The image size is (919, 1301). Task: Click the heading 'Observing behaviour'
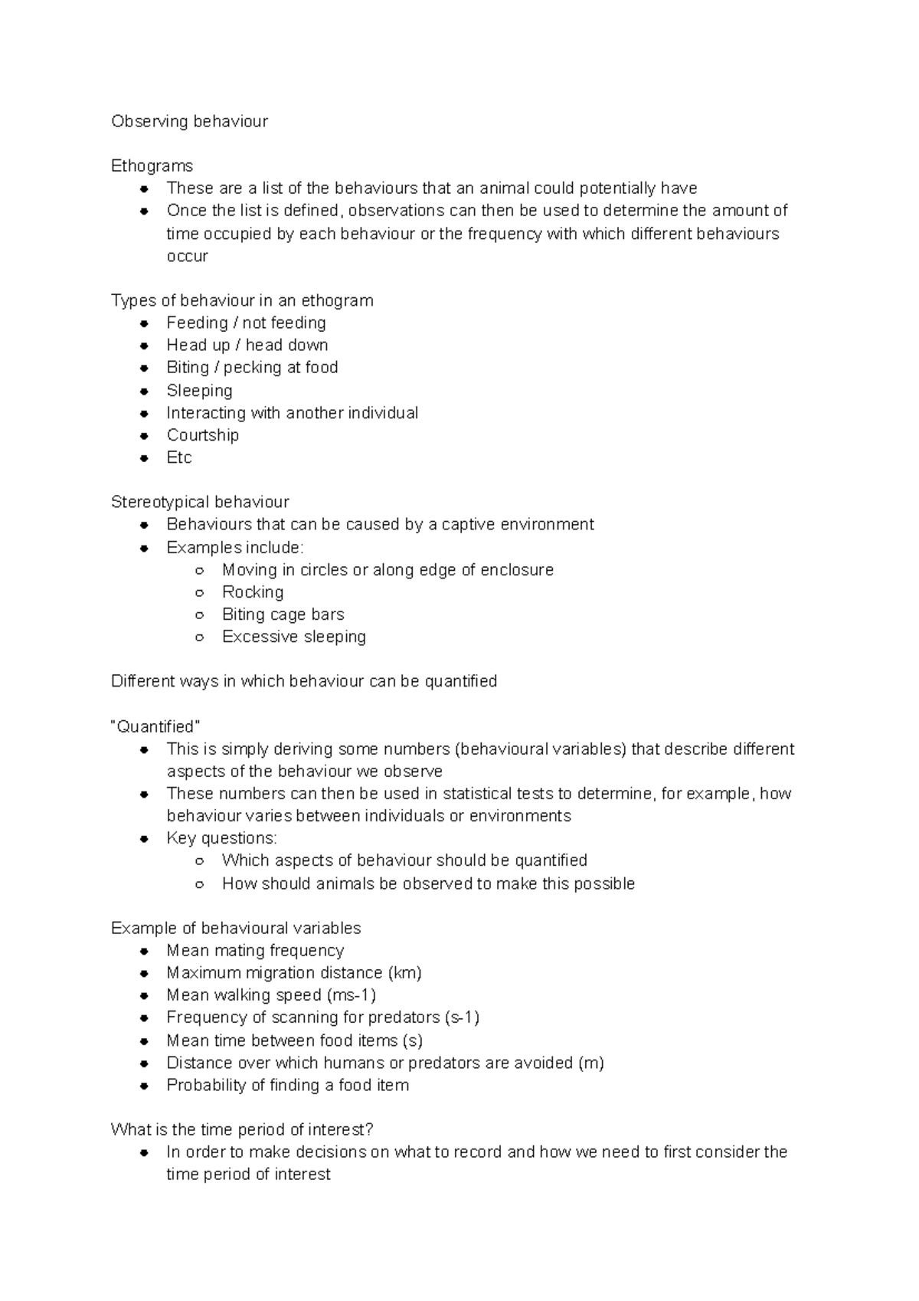point(189,121)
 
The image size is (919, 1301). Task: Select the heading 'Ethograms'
point(152,165)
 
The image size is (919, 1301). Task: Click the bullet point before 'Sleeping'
point(144,391)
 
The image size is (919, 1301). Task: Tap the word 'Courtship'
point(202,435)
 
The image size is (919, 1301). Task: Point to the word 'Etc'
point(178,457)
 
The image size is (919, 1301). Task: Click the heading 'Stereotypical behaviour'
point(200,502)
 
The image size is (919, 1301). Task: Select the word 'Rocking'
point(253,592)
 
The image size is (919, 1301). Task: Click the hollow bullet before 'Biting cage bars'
point(199,614)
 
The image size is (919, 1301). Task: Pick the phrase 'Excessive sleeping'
point(293,637)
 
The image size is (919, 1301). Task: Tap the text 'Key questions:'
point(221,837)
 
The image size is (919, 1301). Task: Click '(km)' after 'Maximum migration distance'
point(405,972)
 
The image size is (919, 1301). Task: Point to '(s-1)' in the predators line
point(462,1017)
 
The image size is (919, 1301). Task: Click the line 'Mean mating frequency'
point(255,950)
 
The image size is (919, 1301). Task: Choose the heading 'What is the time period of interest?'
point(242,1129)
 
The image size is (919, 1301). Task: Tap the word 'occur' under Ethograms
point(187,256)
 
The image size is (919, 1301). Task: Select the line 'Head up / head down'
point(247,345)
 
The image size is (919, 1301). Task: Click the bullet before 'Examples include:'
point(144,548)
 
